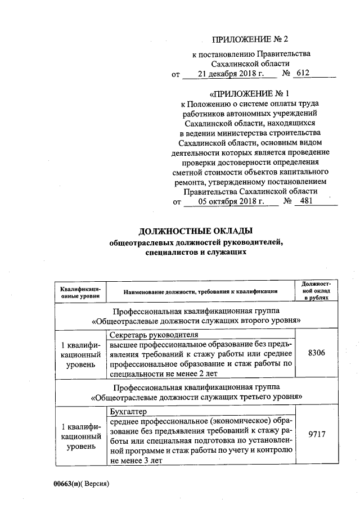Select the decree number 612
coord(303,74)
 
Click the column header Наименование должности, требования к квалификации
coord(201,292)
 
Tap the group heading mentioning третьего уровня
coord(195,393)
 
